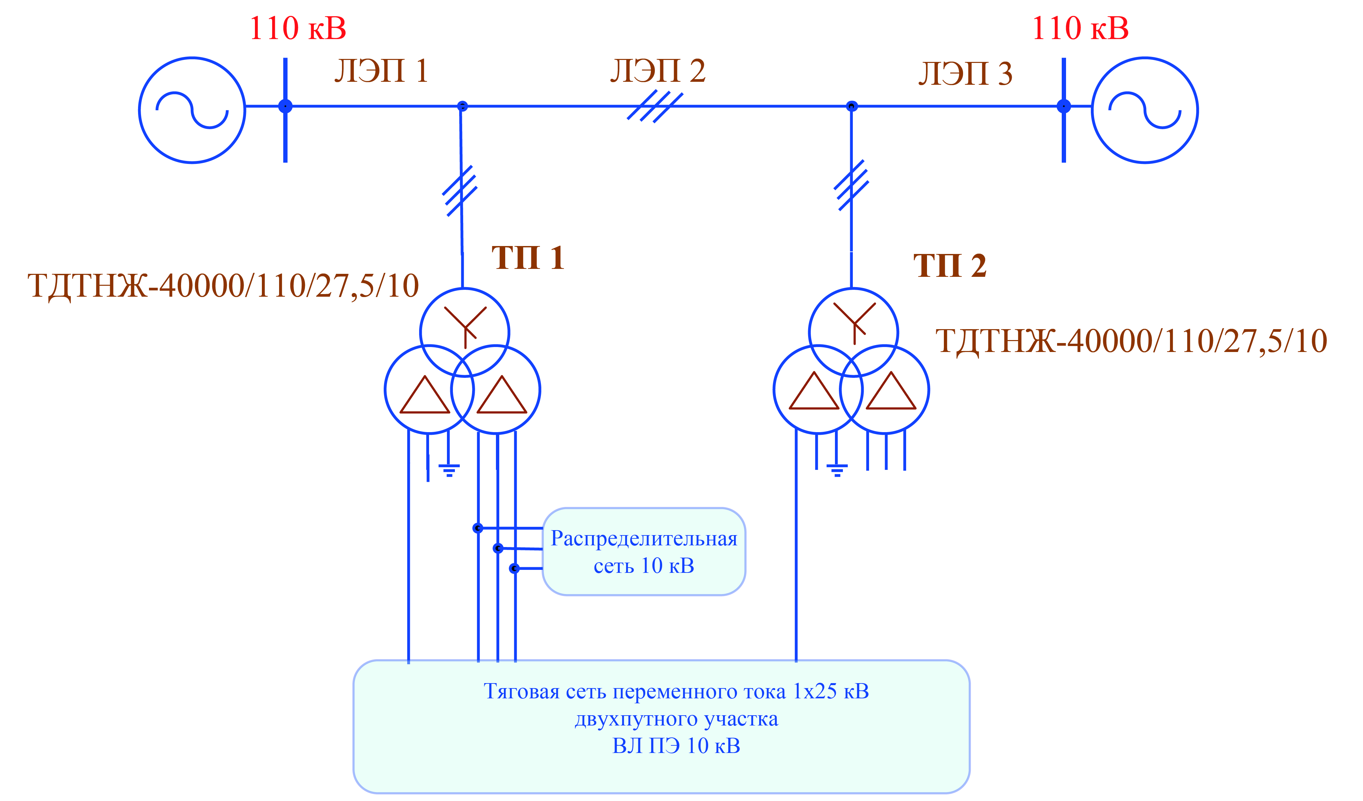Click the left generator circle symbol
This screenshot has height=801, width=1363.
(192, 110)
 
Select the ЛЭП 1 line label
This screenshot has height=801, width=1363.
(381, 71)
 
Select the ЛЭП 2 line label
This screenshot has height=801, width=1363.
(658, 71)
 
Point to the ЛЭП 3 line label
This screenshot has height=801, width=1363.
(965, 74)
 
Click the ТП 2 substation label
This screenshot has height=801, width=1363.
(950, 266)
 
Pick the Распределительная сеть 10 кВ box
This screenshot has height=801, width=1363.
(644, 552)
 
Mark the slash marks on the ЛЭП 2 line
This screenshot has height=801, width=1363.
(655, 107)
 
